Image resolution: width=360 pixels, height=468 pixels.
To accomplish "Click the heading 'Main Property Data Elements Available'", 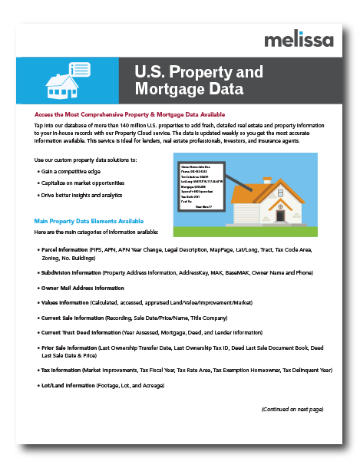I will coord(88,221).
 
